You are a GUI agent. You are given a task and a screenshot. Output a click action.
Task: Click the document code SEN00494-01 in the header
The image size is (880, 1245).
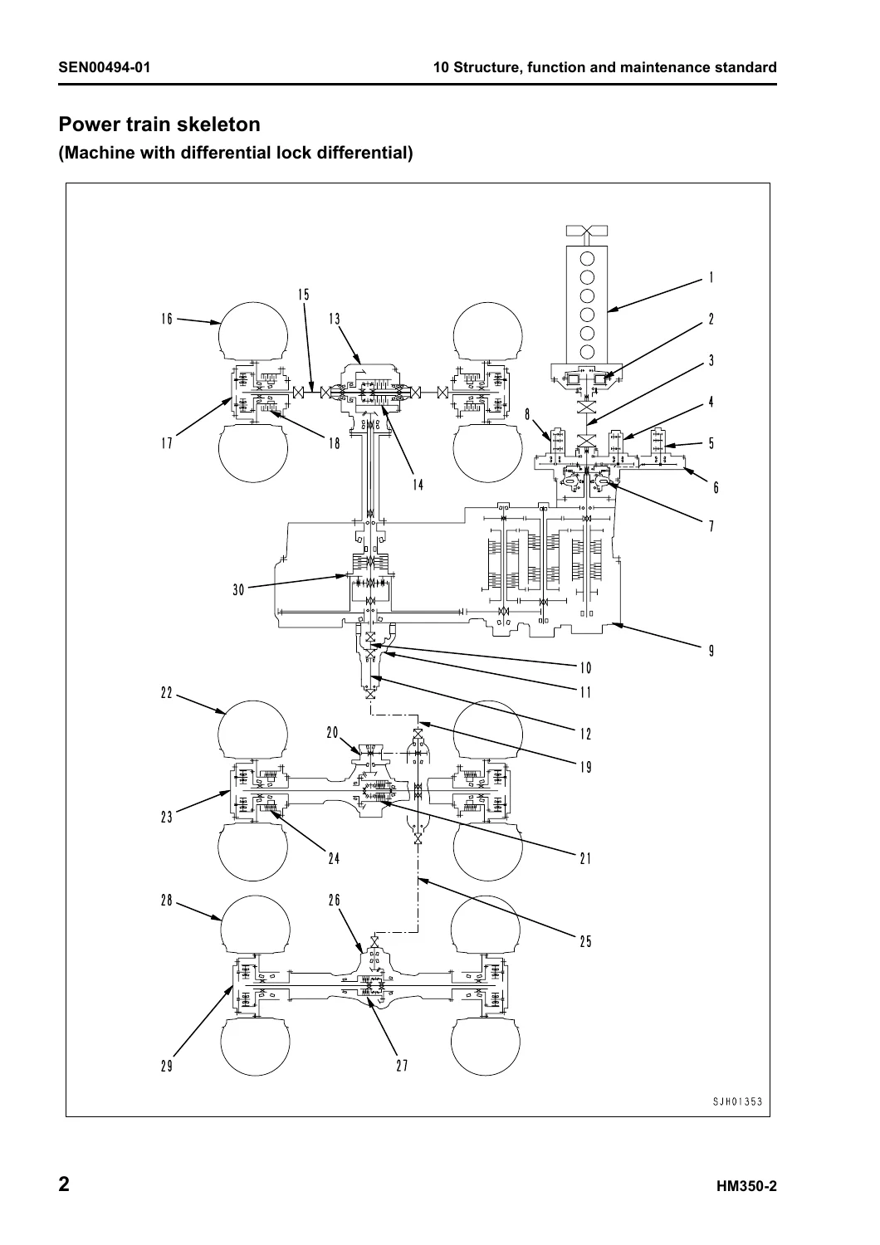click(104, 68)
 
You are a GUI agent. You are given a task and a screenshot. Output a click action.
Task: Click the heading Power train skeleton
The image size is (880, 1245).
click(159, 124)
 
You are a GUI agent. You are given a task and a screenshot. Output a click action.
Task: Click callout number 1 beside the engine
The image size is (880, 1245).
click(711, 278)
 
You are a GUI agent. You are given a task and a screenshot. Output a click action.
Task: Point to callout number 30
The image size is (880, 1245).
click(238, 589)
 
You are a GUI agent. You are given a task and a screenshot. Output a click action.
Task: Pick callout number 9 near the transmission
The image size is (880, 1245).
click(711, 651)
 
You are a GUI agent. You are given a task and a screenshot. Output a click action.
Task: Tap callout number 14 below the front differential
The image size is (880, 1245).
click(418, 486)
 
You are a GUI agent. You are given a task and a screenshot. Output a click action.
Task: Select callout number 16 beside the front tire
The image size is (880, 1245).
click(167, 319)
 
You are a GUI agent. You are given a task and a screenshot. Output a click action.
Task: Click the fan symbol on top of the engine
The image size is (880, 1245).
click(586, 230)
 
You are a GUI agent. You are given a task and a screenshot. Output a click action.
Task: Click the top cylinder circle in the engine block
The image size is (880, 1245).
click(587, 259)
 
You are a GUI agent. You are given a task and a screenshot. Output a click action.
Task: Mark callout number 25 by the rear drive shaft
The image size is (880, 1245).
click(585, 941)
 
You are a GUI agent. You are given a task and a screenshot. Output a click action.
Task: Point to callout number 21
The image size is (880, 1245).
click(585, 859)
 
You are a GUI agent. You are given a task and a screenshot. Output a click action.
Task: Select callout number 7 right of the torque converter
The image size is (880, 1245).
click(711, 526)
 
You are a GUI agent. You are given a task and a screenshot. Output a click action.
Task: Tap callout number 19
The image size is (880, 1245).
click(585, 768)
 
